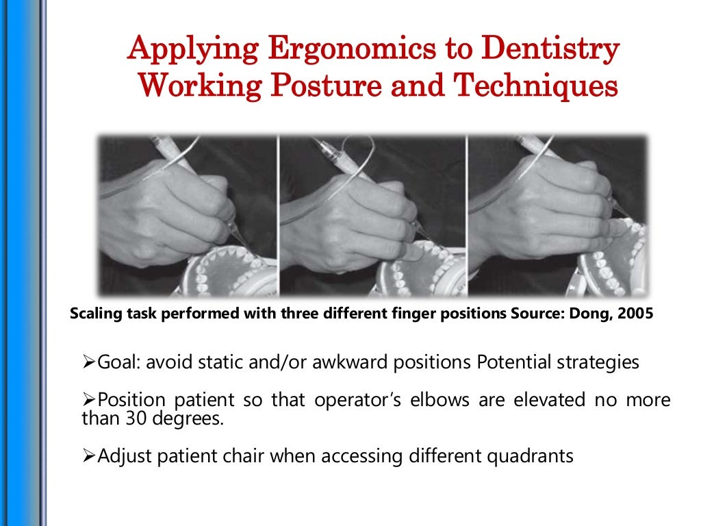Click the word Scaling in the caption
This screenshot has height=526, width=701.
pyautogui.click(x=93, y=315)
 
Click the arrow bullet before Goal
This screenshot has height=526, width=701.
pyautogui.click(x=88, y=363)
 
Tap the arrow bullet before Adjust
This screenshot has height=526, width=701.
pyautogui.click(x=88, y=456)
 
